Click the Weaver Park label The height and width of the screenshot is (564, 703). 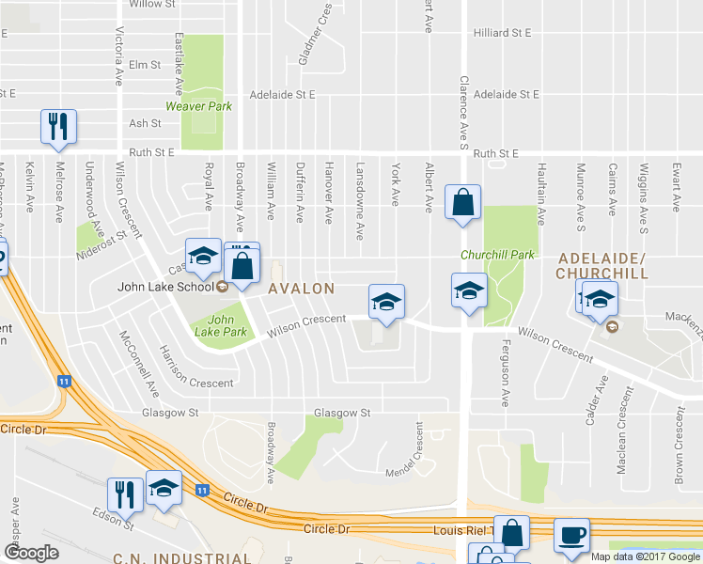click(198, 106)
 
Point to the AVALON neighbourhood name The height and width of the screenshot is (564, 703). click(301, 289)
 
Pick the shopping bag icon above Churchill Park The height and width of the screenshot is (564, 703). click(462, 202)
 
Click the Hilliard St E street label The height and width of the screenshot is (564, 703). click(503, 32)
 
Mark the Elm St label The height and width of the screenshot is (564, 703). click(146, 65)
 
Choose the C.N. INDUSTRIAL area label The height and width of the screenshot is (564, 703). click(181, 557)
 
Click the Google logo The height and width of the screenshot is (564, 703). click(31, 553)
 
